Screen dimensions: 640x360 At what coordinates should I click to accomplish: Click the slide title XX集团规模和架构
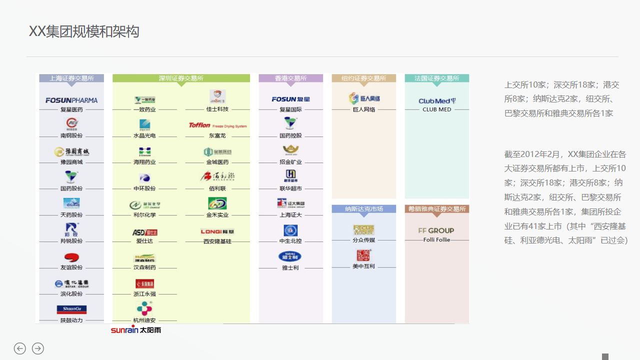pos(84,31)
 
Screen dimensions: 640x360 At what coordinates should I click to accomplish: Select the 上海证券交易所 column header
pos(71,78)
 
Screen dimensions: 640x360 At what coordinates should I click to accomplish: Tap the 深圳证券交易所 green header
pos(181,78)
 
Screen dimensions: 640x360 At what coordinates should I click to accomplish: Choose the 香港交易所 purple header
pos(290,78)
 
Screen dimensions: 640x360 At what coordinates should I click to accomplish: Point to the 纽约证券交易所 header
pos(363,78)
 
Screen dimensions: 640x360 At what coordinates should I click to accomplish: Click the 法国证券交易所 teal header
pos(436,78)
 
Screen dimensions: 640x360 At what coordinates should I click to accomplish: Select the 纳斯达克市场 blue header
pos(363,209)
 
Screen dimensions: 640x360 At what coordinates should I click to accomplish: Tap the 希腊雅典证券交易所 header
pos(436,209)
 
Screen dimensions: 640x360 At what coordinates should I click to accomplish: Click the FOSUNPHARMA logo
pos(71,100)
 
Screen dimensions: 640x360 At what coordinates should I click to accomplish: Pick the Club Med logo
pos(436,100)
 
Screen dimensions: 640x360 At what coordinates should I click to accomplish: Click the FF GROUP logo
pos(436,230)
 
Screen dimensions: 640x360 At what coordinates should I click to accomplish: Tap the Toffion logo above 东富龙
pos(217,125)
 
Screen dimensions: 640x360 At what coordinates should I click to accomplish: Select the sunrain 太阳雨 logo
pos(136,330)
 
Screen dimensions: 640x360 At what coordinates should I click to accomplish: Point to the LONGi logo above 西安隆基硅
pos(217,231)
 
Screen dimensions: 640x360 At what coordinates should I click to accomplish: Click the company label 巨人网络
pos(364,109)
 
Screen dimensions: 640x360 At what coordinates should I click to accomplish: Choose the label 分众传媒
pos(363,240)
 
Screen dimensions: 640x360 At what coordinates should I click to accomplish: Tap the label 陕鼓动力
pos(71,320)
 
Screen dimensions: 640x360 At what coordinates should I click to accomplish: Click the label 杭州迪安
pos(144,320)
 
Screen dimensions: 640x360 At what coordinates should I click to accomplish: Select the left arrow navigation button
pos(20,348)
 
